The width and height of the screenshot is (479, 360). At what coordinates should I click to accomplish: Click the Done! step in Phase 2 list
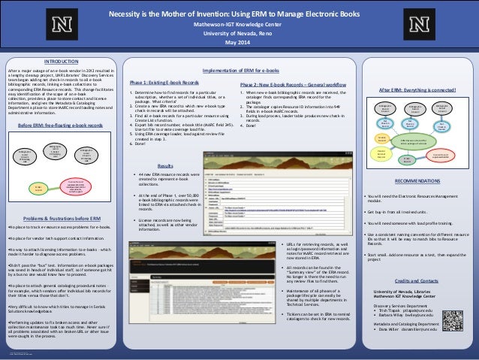click(x=253, y=126)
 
